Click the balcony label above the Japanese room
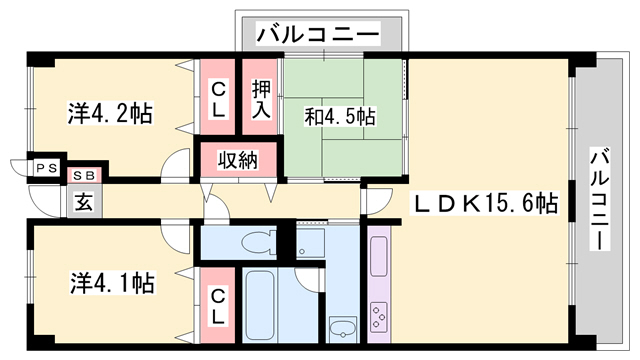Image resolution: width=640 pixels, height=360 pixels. point(319,35)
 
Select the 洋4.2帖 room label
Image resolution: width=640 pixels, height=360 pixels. point(111,114)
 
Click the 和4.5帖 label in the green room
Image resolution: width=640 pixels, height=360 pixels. point(340,117)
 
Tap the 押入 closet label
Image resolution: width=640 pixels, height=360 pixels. point(261,98)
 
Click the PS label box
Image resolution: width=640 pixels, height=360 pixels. point(48,169)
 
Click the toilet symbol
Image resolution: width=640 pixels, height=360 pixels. point(257,240)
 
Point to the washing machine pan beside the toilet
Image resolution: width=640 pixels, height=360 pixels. point(311,242)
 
